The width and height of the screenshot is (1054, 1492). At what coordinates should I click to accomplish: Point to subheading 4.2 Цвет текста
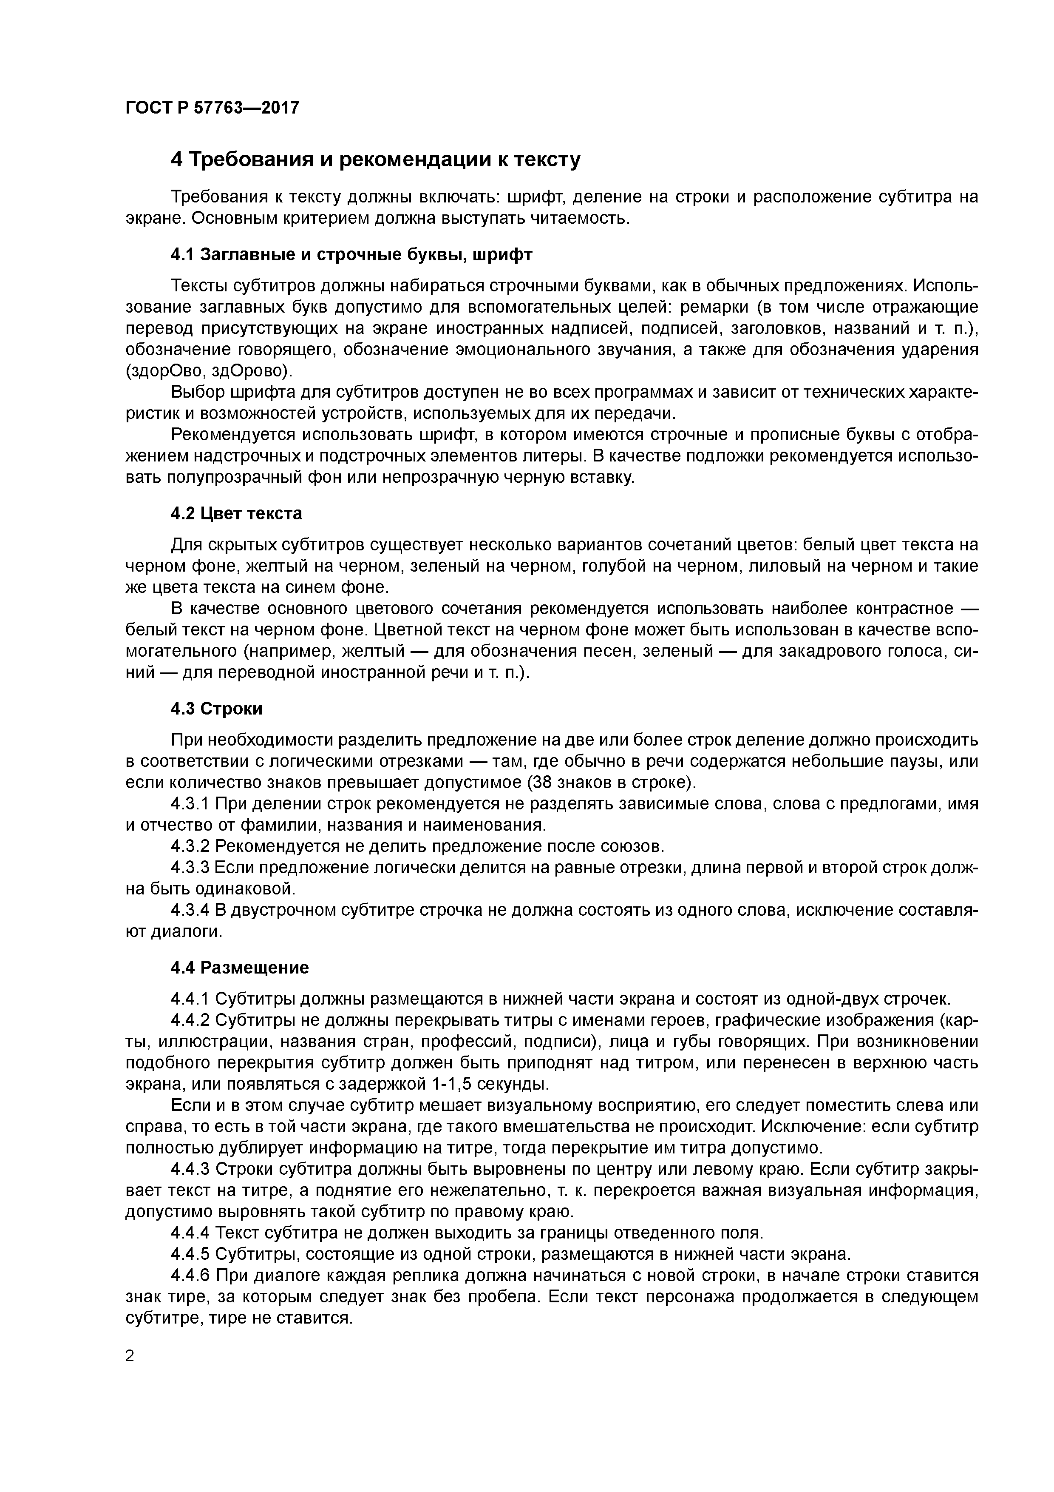click(236, 513)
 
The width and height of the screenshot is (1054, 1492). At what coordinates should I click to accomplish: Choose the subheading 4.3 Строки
click(216, 708)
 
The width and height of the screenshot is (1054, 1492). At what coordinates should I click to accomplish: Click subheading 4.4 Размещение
click(240, 968)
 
